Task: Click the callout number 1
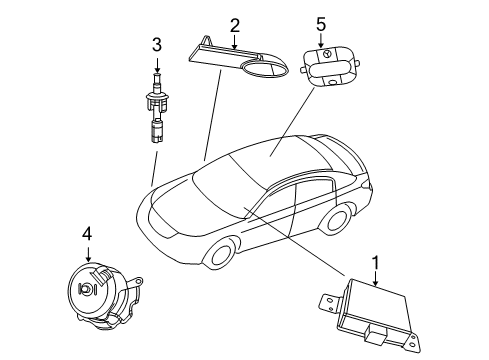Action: click(376, 264)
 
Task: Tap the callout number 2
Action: click(234, 24)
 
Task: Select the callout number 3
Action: click(157, 44)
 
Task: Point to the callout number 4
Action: click(88, 234)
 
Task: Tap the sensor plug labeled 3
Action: click(158, 110)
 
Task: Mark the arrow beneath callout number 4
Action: click(88, 252)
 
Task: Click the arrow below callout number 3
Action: click(157, 62)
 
